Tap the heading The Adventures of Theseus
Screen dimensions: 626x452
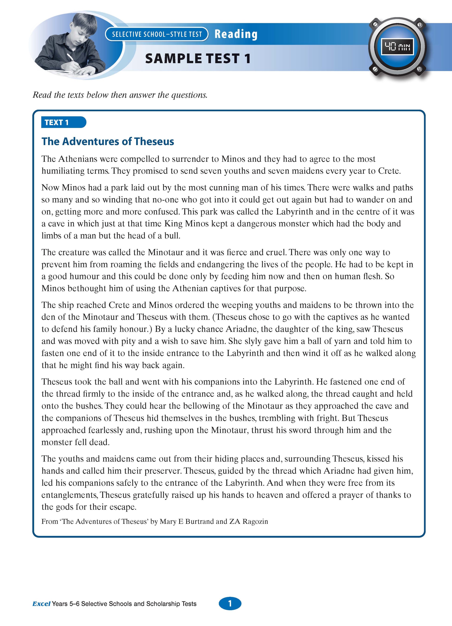pyautogui.click(x=108, y=141)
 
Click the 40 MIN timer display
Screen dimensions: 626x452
pyautogui.click(x=397, y=47)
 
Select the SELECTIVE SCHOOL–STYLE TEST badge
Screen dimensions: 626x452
pyautogui.click(x=157, y=34)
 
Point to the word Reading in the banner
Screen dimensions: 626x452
pyautogui.click(x=236, y=34)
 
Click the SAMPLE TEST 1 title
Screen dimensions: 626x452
pyautogui.click(x=198, y=59)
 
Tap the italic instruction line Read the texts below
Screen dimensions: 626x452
pyautogui.click(x=120, y=95)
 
